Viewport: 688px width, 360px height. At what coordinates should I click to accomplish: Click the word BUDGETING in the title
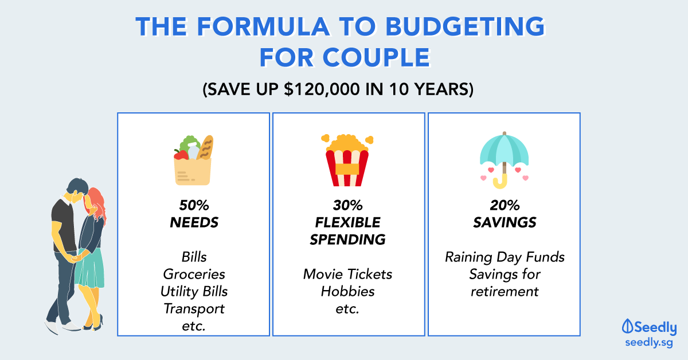465,26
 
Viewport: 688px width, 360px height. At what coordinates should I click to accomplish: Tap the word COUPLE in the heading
376,58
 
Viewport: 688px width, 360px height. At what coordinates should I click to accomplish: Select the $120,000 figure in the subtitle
322,89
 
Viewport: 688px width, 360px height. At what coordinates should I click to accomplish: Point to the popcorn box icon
347,160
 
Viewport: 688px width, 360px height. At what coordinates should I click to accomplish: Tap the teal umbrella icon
504,160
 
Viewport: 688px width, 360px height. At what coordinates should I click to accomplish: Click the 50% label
194,205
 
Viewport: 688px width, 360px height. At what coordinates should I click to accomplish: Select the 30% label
348,205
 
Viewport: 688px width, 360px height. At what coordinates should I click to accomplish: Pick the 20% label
505,205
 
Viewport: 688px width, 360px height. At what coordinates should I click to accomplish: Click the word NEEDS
194,222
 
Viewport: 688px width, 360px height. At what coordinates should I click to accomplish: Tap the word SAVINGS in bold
505,222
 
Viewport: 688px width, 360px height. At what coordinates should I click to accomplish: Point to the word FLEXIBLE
348,222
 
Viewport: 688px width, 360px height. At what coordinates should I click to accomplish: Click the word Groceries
194,275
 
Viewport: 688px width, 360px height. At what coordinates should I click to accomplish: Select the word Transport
194,309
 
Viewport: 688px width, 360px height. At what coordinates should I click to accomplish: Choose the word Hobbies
348,292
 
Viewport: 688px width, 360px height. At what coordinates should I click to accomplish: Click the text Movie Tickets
348,275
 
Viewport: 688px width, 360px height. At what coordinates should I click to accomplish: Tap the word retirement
505,292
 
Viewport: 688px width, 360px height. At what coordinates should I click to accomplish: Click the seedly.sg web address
649,342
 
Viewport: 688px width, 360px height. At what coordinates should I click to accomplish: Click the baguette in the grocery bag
205,148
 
